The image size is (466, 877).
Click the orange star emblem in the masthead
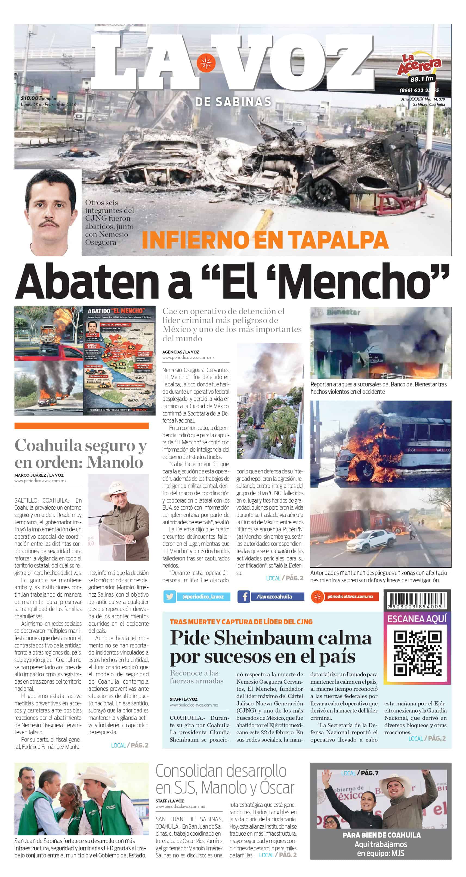[206, 63]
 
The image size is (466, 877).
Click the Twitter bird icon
[170, 596]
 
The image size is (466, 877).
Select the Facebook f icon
[243, 596]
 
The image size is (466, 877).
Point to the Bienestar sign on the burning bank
[343, 312]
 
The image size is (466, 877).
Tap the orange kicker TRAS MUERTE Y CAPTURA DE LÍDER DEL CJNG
[241, 622]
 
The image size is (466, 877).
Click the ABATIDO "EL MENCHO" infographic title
[116, 311]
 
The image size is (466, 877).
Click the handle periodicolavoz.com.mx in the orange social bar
[350, 596]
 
